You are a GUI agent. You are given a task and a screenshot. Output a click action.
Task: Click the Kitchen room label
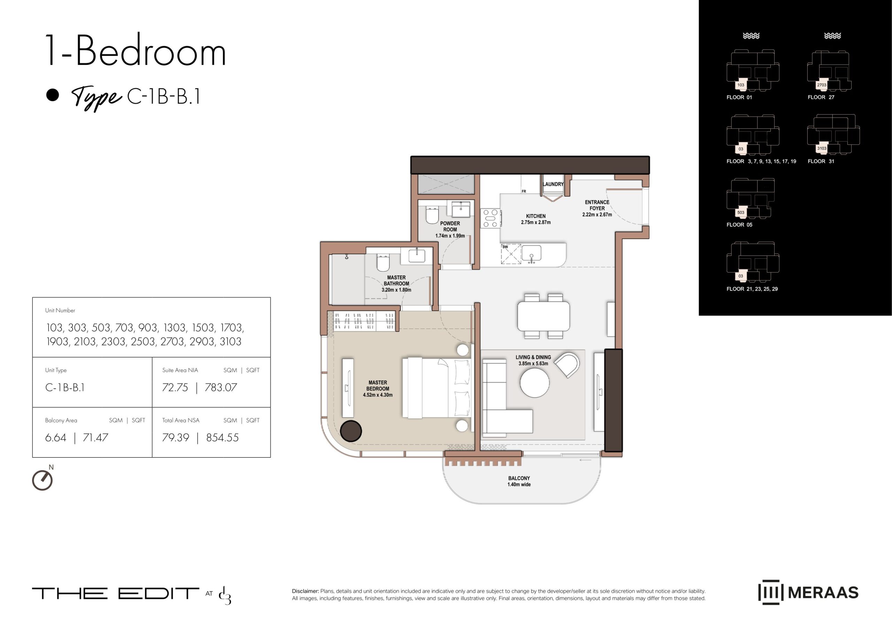(x=536, y=219)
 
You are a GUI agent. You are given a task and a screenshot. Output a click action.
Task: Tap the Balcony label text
(x=519, y=481)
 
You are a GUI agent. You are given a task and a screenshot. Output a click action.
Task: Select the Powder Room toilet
(x=432, y=215)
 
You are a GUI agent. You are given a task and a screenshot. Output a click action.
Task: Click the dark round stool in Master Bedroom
(x=351, y=431)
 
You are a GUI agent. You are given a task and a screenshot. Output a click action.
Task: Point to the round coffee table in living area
(x=535, y=382)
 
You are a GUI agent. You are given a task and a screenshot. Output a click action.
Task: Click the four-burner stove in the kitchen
(x=491, y=218)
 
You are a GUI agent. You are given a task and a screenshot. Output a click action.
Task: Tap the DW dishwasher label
(x=505, y=247)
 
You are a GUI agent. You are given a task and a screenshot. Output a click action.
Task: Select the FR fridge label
(x=524, y=191)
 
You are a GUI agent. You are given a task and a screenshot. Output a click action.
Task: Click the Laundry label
(x=553, y=184)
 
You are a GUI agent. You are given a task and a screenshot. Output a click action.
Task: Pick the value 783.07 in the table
(x=221, y=388)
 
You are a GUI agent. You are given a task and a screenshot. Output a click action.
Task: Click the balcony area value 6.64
(x=56, y=438)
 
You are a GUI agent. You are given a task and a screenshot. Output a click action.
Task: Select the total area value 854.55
(x=222, y=438)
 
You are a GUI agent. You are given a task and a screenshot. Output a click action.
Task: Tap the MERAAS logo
(x=808, y=592)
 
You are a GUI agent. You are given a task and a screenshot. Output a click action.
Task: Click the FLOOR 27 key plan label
(x=821, y=97)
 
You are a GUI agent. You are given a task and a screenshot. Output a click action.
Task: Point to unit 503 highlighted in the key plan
(x=741, y=213)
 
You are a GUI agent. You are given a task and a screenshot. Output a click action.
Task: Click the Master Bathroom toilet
(x=383, y=263)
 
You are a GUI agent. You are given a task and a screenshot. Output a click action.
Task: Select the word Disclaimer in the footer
(x=305, y=591)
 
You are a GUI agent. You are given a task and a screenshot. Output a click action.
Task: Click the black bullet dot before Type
(x=53, y=95)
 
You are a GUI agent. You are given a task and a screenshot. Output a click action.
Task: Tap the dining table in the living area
(x=544, y=315)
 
